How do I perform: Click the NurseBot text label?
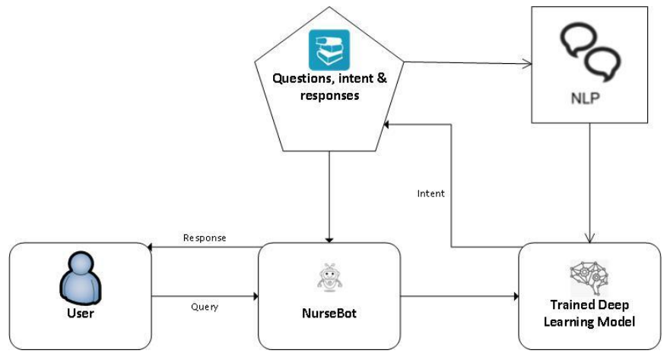[329, 313]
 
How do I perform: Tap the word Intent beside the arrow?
[431, 193]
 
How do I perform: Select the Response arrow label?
[205, 237]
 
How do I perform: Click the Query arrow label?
[205, 307]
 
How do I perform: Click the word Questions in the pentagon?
[300, 80]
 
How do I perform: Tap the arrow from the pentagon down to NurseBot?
[329, 194]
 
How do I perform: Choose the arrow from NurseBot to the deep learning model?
[459, 296]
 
